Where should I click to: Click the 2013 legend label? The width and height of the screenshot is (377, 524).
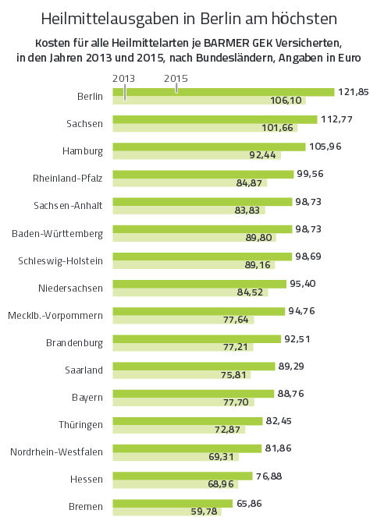tap(123, 79)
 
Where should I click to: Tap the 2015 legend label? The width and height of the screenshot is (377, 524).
tap(176, 79)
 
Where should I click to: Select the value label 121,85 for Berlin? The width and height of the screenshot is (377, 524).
tap(354, 92)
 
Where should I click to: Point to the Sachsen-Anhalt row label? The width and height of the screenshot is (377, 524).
tap(68, 205)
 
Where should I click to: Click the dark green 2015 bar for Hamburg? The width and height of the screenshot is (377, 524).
tap(209, 147)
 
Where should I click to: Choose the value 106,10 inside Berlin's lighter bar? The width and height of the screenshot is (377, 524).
tap(286, 101)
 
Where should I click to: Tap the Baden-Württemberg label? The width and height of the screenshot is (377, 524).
tap(57, 233)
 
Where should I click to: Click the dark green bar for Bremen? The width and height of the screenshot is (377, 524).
tap(172, 503)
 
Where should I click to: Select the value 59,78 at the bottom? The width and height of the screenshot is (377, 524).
tap(204, 512)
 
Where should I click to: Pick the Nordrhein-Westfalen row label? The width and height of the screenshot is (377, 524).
tap(56, 451)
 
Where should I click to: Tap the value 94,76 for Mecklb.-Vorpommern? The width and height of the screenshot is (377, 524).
tap(302, 311)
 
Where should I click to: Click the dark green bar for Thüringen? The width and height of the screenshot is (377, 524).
tap(187, 421)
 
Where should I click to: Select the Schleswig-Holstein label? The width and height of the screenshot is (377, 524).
tap(61, 260)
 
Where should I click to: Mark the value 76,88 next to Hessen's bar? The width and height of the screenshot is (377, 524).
tap(269, 476)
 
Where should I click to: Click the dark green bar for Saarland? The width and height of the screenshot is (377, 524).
tap(194, 366)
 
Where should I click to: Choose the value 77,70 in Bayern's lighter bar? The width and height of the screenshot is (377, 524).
tap(236, 402)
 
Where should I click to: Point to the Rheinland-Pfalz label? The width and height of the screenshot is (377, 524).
tap(68, 178)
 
